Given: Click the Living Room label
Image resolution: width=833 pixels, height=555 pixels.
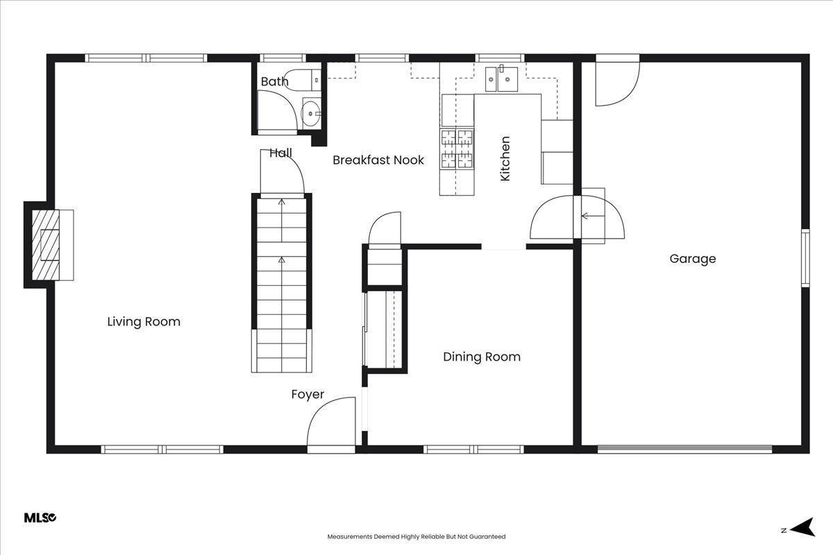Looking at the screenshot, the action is [x=144, y=321].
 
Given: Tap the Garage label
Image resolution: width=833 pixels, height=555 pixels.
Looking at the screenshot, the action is [x=693, y=259].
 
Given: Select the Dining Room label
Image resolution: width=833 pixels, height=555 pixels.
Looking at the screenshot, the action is [x=482, y=357].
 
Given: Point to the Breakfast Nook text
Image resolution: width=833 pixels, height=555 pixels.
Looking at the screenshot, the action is [x=378, y=160].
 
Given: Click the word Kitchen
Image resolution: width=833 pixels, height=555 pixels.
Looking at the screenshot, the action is [x=505, y=159].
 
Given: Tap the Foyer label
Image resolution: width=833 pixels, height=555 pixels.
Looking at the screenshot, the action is [x=308, y=395].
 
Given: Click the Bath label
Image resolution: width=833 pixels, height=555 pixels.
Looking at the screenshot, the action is [x=274, y=81].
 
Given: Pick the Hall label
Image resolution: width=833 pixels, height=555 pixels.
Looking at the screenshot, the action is [x=280, y=153].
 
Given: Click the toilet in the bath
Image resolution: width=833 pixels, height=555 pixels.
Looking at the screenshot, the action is [x=303, y=80].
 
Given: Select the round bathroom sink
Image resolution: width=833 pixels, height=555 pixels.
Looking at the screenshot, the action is [x=310, y=113].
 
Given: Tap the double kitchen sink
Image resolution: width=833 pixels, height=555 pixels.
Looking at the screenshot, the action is [x=501, y=79].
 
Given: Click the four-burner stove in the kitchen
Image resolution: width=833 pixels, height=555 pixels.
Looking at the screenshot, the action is [x=457, y=148].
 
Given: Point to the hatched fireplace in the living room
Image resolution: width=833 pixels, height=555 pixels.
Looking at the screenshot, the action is [x=46, y=245].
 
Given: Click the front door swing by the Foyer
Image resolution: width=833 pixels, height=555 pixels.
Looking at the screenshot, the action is [x=331, y=421].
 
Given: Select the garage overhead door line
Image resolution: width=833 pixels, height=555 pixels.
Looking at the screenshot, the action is [x=685, y=449].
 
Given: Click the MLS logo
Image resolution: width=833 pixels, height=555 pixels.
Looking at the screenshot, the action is [x=40, y=518].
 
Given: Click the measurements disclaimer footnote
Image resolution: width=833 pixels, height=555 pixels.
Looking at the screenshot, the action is [x=416, y=537].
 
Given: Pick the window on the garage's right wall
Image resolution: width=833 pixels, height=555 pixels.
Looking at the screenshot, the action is [x=805, y=258].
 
